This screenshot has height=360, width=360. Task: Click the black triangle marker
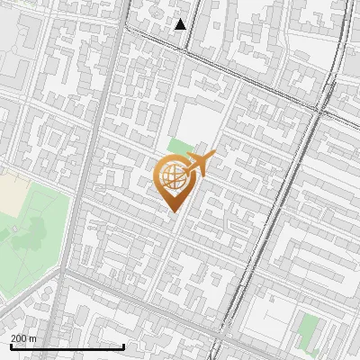(x=181, y=24)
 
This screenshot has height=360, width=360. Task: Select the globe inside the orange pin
(x=174, y=175)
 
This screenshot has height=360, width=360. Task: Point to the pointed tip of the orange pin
(x=175, y=211)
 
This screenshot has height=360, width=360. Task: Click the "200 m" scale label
(x=24, y=337)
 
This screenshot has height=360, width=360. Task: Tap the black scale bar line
(x=67, y=346)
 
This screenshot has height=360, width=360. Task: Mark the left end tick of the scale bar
(x=10, y=346)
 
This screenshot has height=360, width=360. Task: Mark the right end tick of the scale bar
(x=123, y=346)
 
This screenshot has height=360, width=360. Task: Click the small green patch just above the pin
(x=180, y=146)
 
